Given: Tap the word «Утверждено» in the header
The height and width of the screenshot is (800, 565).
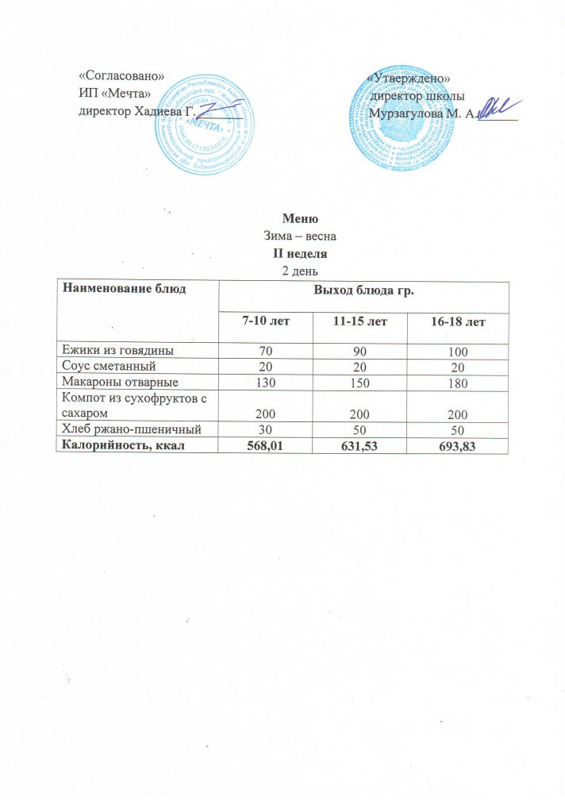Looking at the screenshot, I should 409,79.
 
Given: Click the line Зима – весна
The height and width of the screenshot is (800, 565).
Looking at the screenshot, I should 300,237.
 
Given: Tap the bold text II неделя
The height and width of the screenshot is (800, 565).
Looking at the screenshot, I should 300,255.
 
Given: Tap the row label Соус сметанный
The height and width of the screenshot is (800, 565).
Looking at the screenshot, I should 108,366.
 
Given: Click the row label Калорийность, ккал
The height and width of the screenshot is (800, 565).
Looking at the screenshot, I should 127,444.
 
